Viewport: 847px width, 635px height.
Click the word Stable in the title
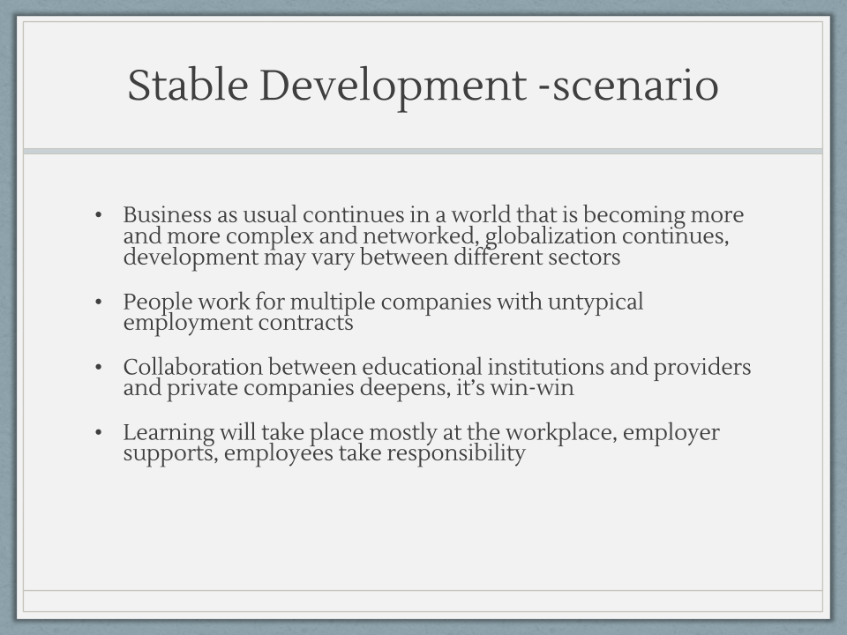187,85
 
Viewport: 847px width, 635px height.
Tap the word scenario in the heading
635,86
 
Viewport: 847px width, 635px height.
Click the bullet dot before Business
98,215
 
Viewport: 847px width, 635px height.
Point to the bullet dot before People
98,302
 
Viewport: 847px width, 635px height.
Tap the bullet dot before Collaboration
98,367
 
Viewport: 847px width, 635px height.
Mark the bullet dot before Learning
98,432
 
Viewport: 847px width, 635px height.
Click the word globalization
551,236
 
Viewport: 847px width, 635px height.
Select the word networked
420,236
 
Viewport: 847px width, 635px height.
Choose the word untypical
596,303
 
